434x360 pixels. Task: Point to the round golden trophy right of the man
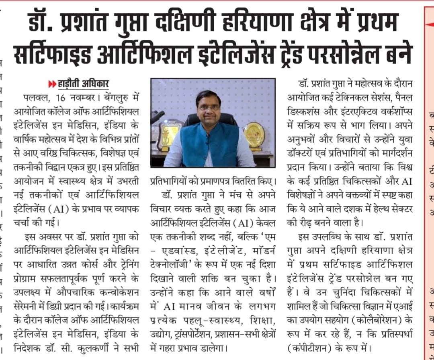(254, 135)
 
